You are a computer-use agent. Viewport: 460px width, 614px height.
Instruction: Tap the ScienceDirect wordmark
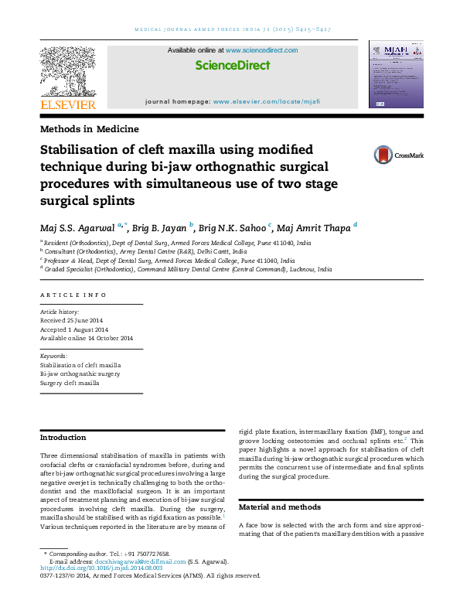coord(232,66)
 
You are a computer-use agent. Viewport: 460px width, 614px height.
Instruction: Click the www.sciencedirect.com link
coord(261,49)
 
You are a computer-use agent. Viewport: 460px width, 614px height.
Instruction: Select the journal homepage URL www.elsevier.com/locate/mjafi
coord(265,101)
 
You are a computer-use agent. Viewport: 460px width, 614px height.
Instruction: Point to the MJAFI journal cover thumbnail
coord(396,74)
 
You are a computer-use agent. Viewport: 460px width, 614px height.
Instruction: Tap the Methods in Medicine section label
coord(89,129)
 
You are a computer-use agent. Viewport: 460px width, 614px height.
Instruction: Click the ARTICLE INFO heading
coord(73,295)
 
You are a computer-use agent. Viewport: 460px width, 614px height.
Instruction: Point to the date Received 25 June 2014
coord(70,320)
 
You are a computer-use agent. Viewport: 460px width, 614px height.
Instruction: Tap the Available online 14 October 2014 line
coord(87,339)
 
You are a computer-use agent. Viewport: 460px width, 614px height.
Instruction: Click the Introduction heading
coord(63,438)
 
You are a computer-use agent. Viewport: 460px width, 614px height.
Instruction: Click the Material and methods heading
coord(278,507)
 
